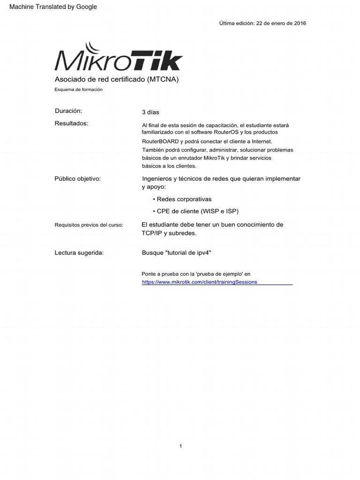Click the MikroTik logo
(119, 57)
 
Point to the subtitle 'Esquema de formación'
(78, 89)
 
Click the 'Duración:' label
(68, 111)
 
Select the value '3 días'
(150, 112)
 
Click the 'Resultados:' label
(71, 123)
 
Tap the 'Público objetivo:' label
(78, 179)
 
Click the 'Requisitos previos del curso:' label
(89, 225)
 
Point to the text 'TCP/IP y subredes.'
(169, 233)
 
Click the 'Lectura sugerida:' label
(79, 253)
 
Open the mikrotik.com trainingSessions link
(200, 282)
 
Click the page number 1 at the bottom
(180, 446)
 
